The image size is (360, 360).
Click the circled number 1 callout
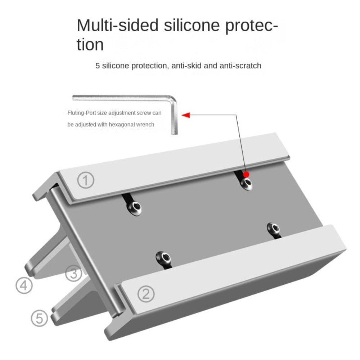click(86, 180)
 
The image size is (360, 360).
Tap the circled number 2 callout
click(146, 294)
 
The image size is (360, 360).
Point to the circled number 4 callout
click(24, 286)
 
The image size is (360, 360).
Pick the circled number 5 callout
click(39, 318)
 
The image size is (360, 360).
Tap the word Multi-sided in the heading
click(117, 26)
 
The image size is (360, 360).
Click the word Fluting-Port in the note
click(81, 113)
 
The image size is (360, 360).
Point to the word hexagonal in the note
click(121, 125)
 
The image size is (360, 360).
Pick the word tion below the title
click(90, 45)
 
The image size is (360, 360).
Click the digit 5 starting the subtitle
click(98, 66)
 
